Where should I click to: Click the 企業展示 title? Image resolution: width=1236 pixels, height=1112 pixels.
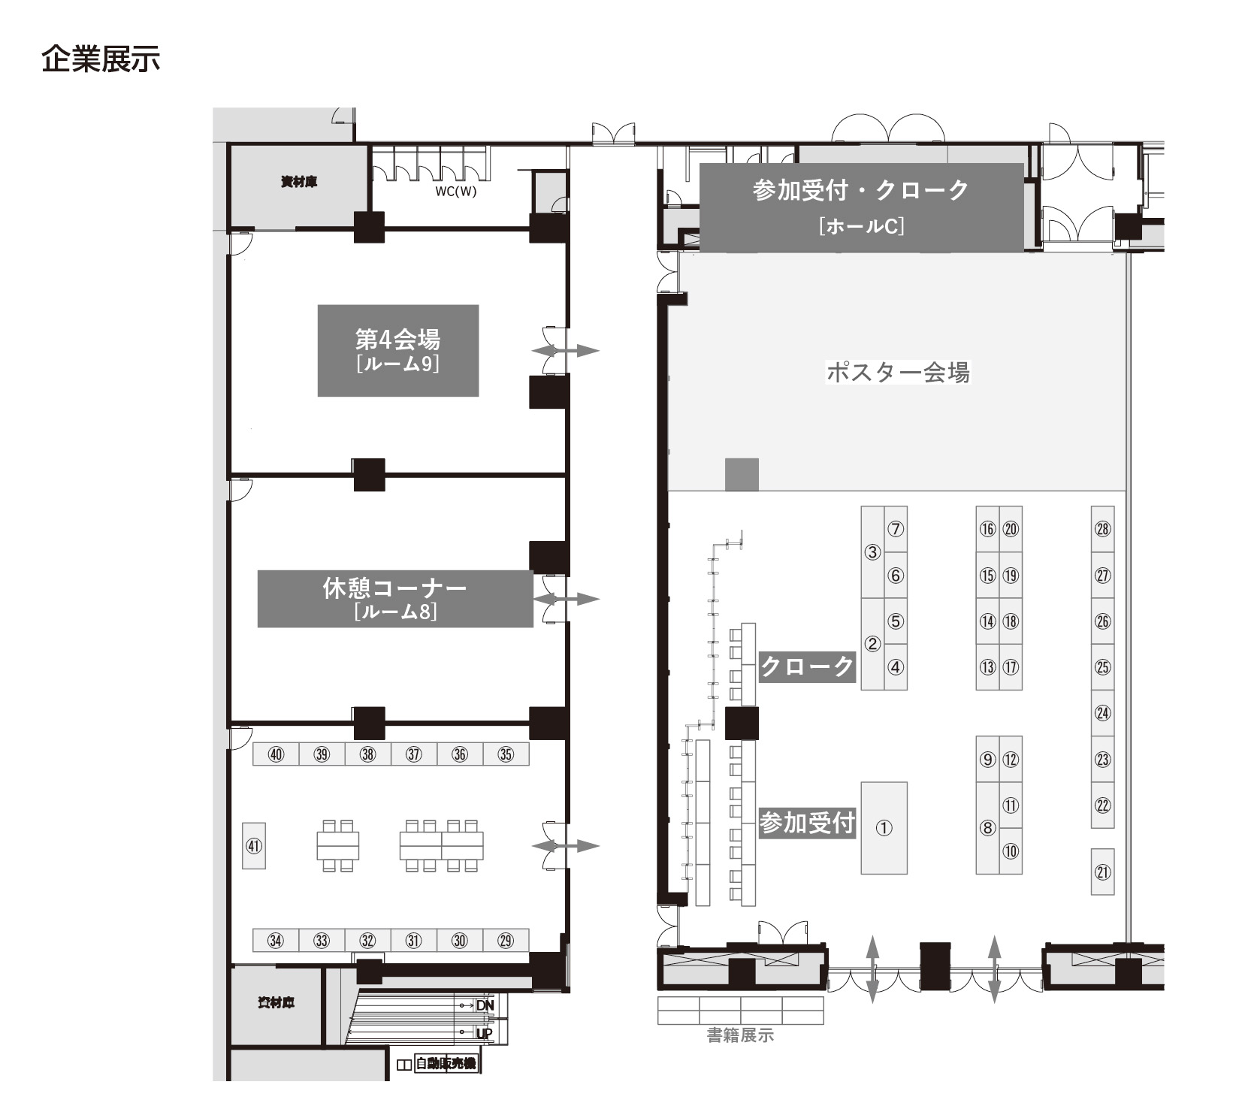tap(101, 59)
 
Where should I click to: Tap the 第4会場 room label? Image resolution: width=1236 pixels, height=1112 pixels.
tap(397, 350)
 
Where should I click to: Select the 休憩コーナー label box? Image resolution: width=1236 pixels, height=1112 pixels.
tap(395, 599)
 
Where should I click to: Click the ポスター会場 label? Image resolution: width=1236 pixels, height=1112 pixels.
tap(898, 372)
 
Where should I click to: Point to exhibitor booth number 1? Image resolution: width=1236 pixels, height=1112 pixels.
tap(884, 828)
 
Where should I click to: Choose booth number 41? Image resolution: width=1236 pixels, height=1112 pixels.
tap(254, 846)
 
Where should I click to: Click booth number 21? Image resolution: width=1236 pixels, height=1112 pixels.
tap(1102, 872)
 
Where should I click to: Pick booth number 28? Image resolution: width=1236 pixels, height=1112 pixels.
tap(1102, 529)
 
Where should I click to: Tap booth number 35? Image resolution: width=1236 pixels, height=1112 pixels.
tap(506, 754)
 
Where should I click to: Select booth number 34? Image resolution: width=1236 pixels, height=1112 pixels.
tap(276, 941)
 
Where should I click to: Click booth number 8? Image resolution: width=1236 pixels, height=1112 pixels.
tap(987, 828)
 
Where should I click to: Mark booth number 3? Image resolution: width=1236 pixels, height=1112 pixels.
tap(872, 552)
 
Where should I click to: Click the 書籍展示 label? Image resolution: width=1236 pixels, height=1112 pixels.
tap(740, 1035)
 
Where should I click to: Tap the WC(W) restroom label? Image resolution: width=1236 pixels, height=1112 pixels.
tap(455, 191)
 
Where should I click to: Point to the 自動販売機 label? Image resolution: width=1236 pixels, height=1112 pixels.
tap(446, 1064)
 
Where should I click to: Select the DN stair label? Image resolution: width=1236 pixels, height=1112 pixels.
tap(485, 1005)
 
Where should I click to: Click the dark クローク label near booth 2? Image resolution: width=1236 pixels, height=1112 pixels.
tap(807, 666)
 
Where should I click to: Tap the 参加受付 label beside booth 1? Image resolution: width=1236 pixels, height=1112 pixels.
tap(807, 823)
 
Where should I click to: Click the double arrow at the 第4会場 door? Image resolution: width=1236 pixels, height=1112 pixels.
tap(566, 351)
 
